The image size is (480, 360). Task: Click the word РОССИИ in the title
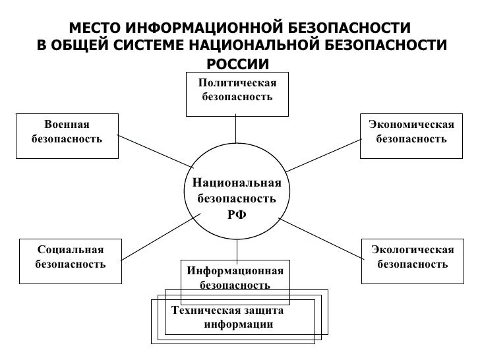238,64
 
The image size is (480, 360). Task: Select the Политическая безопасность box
237,90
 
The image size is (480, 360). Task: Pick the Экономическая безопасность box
411,132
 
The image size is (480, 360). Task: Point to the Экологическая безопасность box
412,257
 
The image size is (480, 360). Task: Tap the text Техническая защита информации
228,317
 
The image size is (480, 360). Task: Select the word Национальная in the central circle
236,183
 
